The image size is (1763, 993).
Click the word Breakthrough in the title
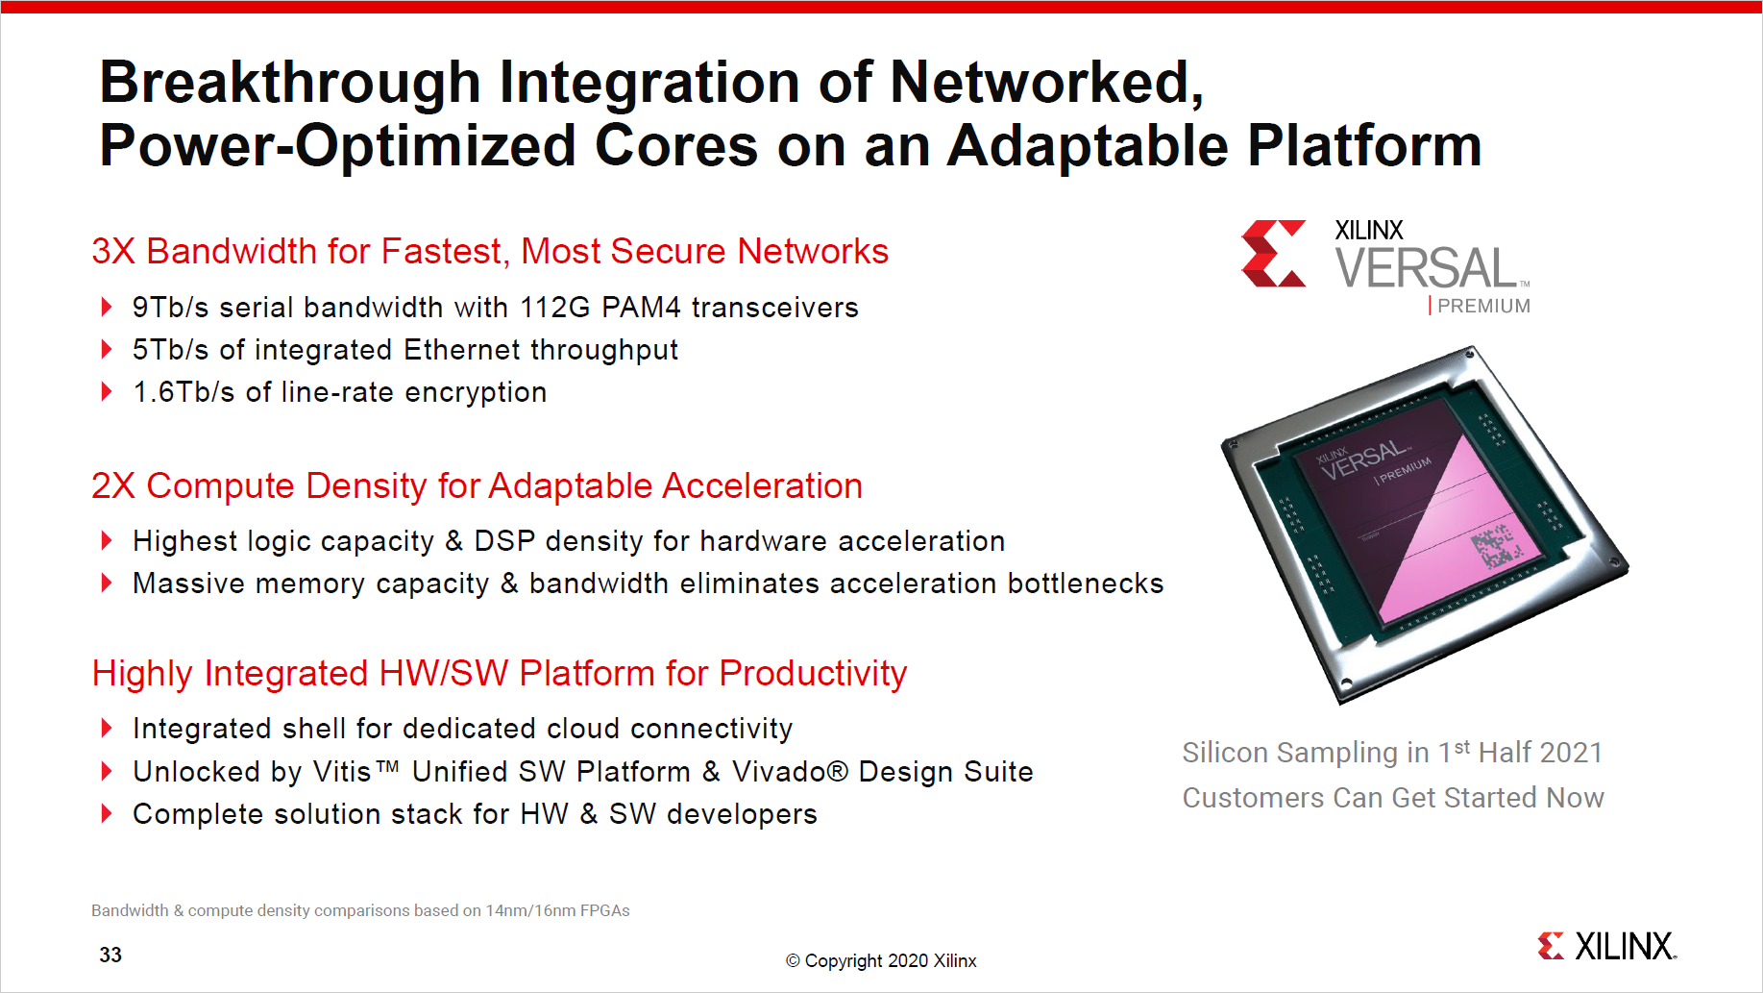(x=289, y=84)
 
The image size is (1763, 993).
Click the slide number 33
(x=110, y=955)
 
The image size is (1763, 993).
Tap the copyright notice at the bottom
(x=881, y=960)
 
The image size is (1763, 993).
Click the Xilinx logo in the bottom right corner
(x=1606, y=946)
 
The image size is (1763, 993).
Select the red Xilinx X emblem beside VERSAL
(x=1273, y=254)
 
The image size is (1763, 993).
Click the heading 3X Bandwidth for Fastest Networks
(x=489, y=251)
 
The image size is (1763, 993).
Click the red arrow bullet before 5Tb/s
(x=107, y=350)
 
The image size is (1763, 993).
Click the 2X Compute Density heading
(x=477, y=485)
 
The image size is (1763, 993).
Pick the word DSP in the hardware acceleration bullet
(x=503, y=541)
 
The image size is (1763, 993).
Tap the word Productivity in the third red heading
(x=812, y=673)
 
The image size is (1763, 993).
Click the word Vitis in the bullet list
(x=341, y=772)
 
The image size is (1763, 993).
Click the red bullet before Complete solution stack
(x=107, y=814)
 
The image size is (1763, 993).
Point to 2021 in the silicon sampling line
(x=1568, y=753)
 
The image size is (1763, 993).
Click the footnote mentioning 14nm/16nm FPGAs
(x=360, y=910)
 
